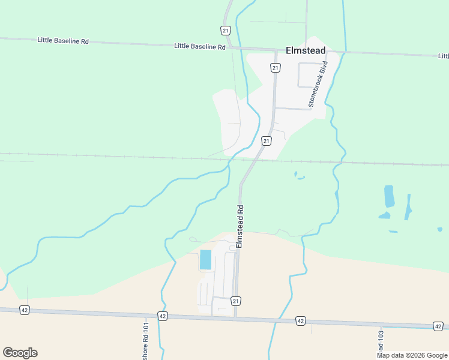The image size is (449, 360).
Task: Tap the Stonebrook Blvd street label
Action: coord(319,84)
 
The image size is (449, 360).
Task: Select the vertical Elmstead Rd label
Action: coord(240,227)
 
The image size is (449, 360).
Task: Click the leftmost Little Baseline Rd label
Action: coord(63,41)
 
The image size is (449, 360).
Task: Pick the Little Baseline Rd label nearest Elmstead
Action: coord(200,46)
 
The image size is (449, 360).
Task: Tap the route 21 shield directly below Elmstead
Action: coord(275,68)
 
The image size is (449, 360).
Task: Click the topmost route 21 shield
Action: coord(225,31)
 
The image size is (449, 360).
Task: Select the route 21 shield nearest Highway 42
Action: coord(236,301)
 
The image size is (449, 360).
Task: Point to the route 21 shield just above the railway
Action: coord(267,140)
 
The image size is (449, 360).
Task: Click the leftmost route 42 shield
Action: coord(25,310)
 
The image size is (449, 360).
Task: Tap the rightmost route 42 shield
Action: coord(438,326)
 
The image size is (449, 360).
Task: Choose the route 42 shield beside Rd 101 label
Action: coord(162,316)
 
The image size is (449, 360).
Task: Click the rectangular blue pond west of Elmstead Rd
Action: coord(205,259)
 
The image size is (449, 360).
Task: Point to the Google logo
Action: coord(20,353)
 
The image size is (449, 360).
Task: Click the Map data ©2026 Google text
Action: coord(412,355)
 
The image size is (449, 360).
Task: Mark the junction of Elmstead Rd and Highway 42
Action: coord(234,317)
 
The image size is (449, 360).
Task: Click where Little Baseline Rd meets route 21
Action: coord(231,47)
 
